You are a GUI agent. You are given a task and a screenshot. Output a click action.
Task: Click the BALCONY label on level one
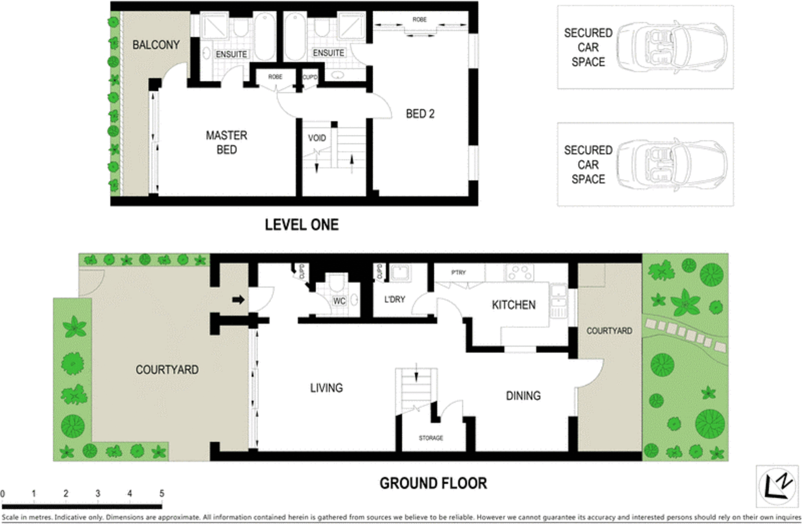click(155, 45)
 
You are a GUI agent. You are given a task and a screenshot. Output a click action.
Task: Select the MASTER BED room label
click(227, 142)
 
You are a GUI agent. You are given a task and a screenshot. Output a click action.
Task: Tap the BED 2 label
click(420, 114)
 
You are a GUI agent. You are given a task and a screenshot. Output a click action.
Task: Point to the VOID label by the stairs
click(317, 138)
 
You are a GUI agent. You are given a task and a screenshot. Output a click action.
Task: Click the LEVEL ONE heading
click(302, 225)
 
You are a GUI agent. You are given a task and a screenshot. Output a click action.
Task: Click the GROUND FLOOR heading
click(433, 483)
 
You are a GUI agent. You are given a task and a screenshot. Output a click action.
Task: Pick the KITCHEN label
click(513, 305)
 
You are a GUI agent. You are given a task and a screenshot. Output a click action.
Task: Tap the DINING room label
click(523, 396)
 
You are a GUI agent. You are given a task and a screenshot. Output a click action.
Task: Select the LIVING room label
click(326, 388)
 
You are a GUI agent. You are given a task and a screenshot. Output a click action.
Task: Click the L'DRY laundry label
click(394, 300)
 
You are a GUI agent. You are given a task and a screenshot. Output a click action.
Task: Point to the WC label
click(339, 301)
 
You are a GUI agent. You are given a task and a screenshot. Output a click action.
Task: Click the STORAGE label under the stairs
click(431, 438)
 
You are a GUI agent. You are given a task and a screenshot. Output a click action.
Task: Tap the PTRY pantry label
click(458, 273)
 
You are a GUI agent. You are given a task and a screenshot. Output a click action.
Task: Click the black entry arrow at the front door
click(238, 300)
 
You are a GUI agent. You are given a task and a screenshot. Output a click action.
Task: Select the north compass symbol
click(777, 485)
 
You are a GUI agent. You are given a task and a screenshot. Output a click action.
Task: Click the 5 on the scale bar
click(161, 493)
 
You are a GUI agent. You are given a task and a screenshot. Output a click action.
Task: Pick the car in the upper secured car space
click(672, 47)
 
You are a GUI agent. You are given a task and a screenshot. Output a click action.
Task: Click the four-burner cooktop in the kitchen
click(519, 273)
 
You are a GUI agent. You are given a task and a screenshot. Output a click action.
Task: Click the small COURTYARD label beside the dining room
click(609, 331)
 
